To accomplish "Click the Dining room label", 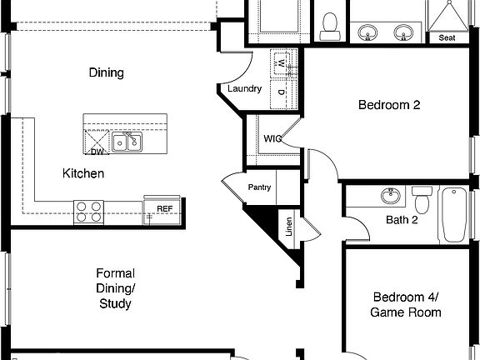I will pos(106,72).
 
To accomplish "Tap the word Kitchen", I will pos(83,173).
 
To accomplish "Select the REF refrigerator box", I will pos(164,208).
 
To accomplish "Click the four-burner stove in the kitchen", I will pos(88,212).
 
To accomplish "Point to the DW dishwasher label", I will pos(97,152).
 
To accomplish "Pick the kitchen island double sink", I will pos(127,144).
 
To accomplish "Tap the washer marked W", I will pos(282,62).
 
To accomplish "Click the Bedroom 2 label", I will pos(388,105).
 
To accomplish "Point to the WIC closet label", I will pos(272,138).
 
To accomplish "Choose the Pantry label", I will pos(259,187).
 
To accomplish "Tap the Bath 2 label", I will pos(402,220).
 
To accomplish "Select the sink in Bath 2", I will pos(390,197).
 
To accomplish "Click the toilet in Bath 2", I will pos(422,199).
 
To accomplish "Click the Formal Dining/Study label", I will pos(115,288).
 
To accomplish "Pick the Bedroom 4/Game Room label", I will pos(406,304).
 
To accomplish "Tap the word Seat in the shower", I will pos(447,37).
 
